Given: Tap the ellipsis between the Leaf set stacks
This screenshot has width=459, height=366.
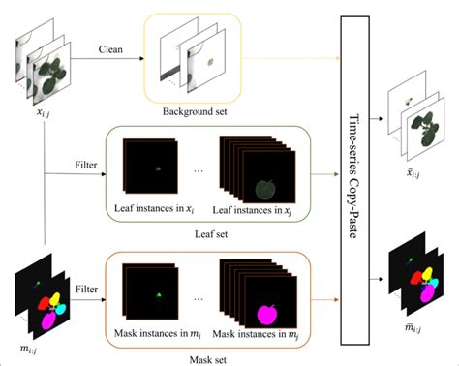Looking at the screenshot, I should pos(199,172).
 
